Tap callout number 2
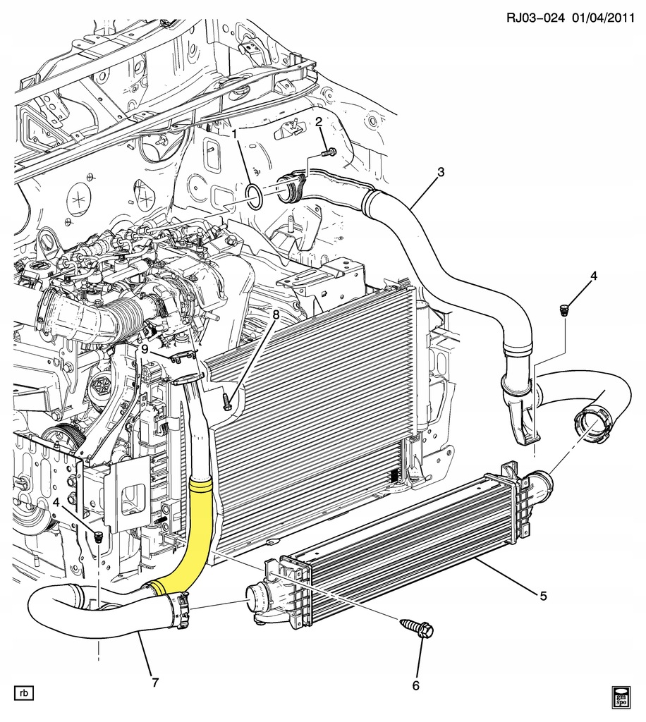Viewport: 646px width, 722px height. point(319,122)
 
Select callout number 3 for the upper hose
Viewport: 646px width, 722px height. point(441,171)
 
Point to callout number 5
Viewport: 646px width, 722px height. point(543,596)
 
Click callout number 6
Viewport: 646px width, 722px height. point(416,685)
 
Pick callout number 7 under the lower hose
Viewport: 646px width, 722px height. point(154,682)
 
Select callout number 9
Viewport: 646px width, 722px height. point(144,348)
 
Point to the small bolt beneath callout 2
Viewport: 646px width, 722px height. point(328,152)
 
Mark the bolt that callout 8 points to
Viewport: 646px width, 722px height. point(226,403)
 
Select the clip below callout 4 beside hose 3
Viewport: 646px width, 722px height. point(564,310)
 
